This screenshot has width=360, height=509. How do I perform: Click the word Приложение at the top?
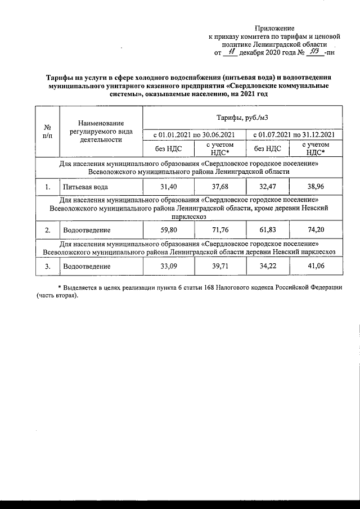point(274,28)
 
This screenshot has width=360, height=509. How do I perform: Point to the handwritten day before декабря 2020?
point(231,52)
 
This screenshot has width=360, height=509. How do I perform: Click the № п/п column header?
point(48,132)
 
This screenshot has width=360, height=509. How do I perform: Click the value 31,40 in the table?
point(169,186)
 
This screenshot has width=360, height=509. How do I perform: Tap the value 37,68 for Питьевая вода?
point(219,186)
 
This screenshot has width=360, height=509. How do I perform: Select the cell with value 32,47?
point(268,186)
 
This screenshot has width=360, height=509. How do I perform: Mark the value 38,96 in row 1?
point(315,186)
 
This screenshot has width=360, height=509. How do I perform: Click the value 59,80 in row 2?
point(169,229)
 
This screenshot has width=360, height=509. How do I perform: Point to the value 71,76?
point(219,229)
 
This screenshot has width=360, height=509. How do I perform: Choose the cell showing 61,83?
point(268,229)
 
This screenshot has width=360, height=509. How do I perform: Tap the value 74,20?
point(315,229)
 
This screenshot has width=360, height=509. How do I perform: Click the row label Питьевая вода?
point(85,186)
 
